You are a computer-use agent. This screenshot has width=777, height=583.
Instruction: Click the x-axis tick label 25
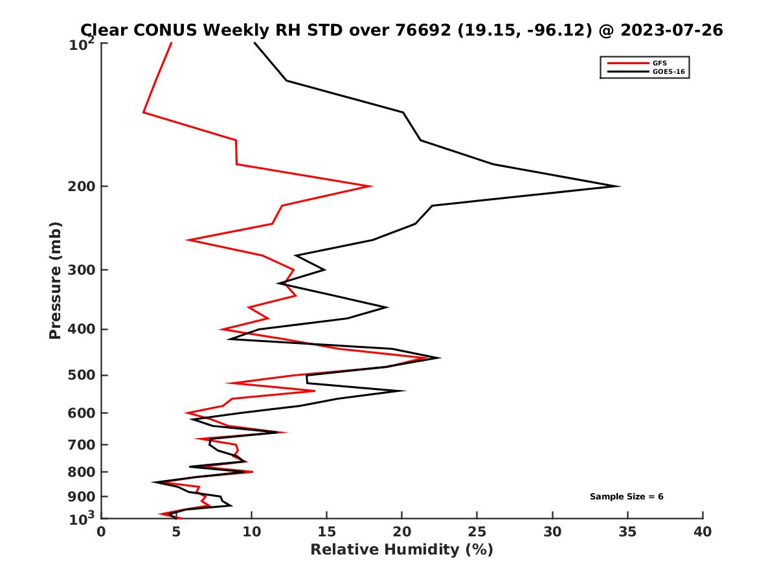point(477,532)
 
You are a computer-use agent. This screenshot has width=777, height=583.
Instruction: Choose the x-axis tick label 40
point(703,532)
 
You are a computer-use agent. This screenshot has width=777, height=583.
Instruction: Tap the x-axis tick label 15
point(327,532)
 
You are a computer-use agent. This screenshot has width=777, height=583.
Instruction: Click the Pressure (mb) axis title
point(55,280)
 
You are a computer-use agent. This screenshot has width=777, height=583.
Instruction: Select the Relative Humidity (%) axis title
point(401,550)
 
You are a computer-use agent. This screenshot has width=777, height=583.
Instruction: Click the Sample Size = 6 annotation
point(626,497)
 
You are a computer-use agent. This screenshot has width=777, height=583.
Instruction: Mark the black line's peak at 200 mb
point(620,187)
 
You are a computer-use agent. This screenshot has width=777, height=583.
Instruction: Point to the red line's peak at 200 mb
point(371,187)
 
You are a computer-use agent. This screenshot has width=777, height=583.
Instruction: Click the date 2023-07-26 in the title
point(670,30)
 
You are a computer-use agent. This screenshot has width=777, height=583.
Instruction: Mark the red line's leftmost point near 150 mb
point(144,113)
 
